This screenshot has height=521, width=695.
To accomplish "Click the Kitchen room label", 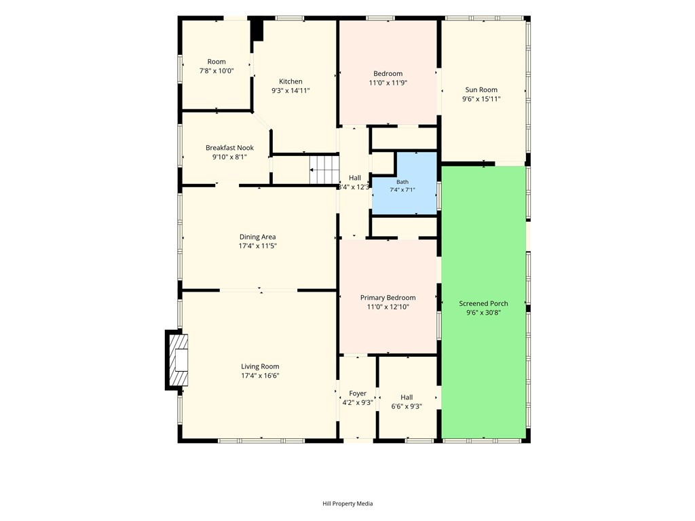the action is point(290,81).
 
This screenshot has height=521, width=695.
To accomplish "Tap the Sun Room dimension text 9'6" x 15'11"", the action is point(481,99).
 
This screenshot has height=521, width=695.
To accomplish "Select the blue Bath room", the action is point(405,183).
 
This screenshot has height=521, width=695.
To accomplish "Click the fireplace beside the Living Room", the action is point(177,360).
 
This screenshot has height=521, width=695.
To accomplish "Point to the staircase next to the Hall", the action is point(324,170).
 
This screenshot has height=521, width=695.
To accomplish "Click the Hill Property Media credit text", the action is point(347,503).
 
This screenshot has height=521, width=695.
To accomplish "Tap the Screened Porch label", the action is point(483,303).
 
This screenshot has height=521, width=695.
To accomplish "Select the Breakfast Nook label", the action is point(229,148).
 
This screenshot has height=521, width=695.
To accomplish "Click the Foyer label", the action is point(358,393).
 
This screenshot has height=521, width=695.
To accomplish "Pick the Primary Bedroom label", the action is point(388,298).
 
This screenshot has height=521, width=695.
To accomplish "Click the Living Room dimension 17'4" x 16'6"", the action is point(260,376).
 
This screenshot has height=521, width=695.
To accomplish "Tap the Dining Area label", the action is point(257,237).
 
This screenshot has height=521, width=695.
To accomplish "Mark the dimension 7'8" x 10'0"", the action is point(217,71).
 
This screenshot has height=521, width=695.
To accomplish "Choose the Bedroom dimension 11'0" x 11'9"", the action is point(388,83).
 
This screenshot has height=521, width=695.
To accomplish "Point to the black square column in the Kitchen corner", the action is point(257,30).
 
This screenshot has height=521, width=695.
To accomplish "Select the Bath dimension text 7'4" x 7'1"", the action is point(402,190).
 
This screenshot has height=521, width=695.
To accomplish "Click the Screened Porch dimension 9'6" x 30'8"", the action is point(483,313).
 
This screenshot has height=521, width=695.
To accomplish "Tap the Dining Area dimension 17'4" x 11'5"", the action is point(257,246).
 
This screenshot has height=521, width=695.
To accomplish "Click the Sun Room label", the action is point(481,90).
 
